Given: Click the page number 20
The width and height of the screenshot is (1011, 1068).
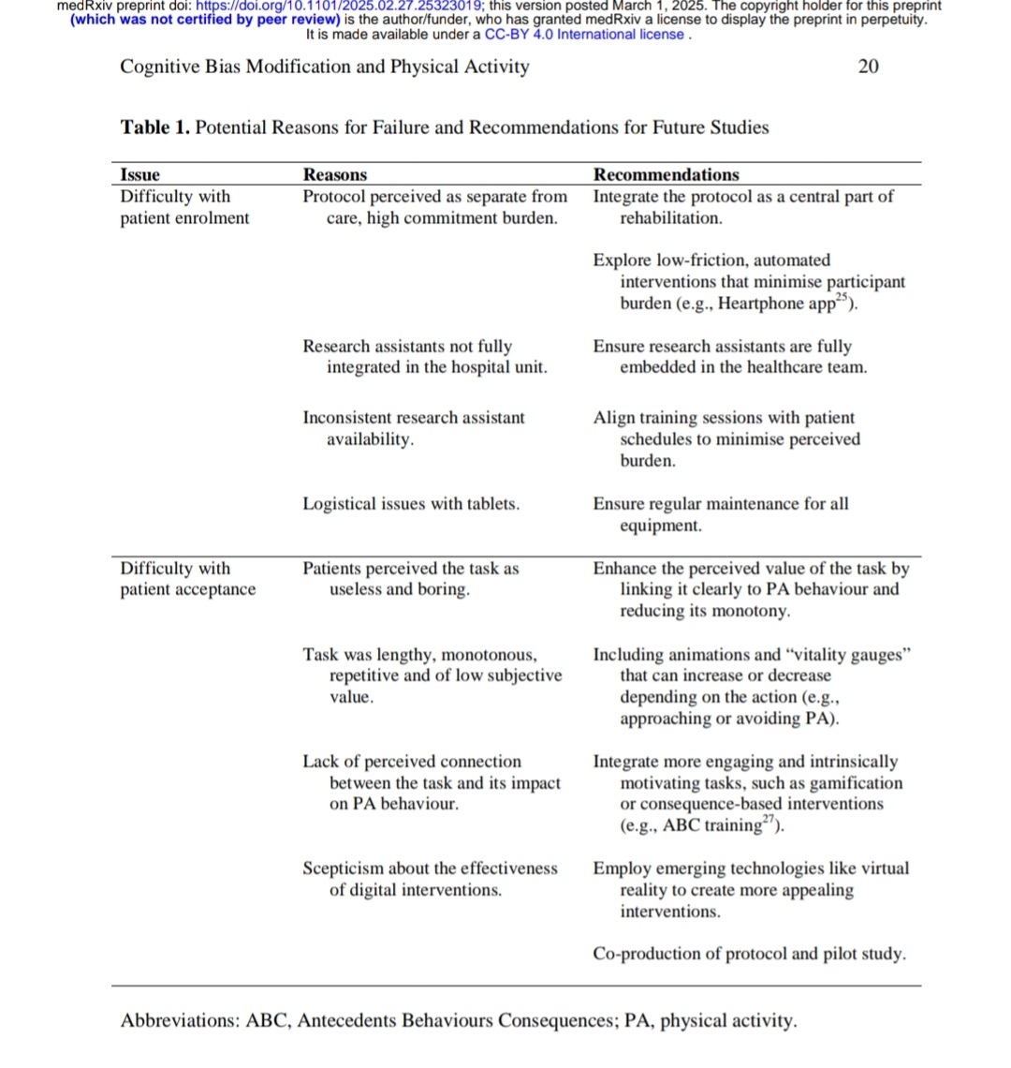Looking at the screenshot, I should tap(868, 67).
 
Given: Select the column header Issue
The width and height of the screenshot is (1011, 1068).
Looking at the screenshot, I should tap(140, 175).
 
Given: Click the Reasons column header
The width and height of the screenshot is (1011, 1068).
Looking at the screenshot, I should tap(335, 175).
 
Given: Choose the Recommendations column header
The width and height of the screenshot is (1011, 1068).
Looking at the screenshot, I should tap(666, 175).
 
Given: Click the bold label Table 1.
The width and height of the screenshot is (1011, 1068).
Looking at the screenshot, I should tap(155, 127).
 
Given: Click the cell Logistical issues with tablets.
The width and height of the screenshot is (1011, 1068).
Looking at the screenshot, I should tap(411, 504).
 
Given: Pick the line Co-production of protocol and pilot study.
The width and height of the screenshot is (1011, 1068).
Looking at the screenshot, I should tap(749, 955).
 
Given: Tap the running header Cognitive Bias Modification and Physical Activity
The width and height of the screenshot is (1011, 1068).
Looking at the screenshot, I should tap(324, 67).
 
